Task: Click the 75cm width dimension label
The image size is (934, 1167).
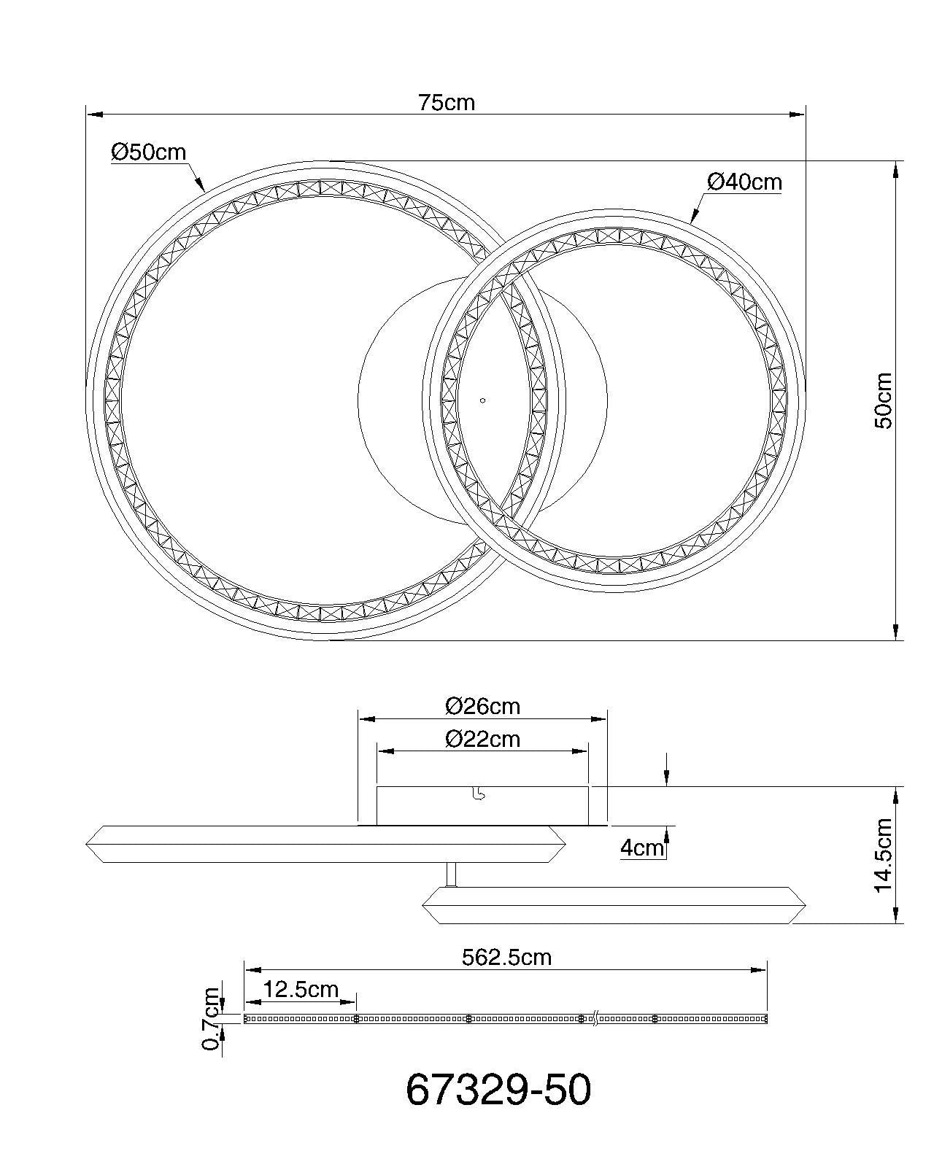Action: click(446, 103)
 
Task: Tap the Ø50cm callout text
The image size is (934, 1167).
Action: click(149, 152)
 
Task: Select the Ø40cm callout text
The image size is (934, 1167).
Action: click(744, 181)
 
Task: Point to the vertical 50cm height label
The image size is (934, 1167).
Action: click(884, 400)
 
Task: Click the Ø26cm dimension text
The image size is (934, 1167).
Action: click(482, 706)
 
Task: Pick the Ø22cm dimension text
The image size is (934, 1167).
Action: click(482, 739)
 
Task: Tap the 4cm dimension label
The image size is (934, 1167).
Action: click(642, 848)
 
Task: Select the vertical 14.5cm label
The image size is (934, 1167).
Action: click(884, 855)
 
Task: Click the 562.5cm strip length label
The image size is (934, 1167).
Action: click(506, 957)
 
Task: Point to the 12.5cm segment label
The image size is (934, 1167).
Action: click(301, 989)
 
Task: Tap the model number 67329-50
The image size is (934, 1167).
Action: click(498, 1091)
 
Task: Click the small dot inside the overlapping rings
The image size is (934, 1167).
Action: click(482, 400)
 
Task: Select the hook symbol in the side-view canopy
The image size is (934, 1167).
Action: click(478, 795)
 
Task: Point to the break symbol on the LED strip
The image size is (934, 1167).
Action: click(596, 1018)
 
